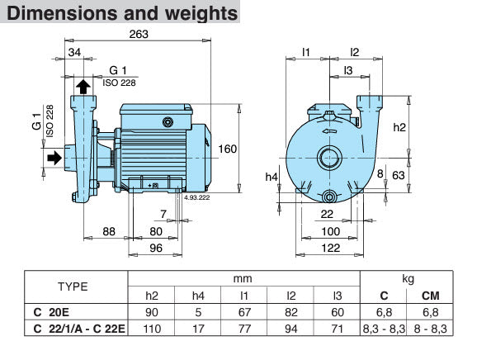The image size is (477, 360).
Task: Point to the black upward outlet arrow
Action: pos(83,86)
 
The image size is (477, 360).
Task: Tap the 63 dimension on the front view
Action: pos(399,174)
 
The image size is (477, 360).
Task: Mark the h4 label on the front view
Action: pos(272,177)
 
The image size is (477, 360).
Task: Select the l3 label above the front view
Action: pos(349,70)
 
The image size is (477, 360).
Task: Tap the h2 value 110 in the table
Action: pos(151,328)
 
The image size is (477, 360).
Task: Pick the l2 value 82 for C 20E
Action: pos(290,311)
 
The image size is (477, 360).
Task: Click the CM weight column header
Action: pos(429,295)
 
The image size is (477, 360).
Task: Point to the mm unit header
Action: pos(244,278)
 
